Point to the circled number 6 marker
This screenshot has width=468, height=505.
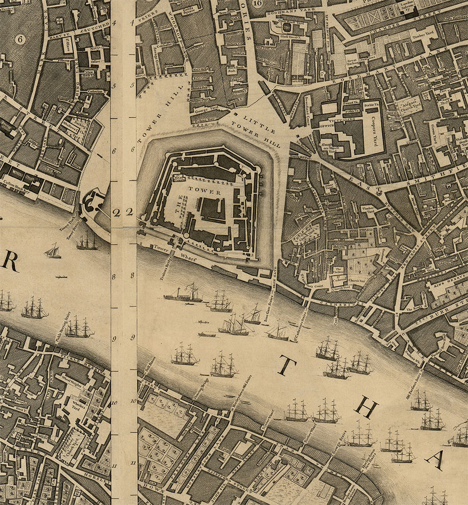pos(20,39)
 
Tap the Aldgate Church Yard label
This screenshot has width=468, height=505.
pos(410,106)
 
